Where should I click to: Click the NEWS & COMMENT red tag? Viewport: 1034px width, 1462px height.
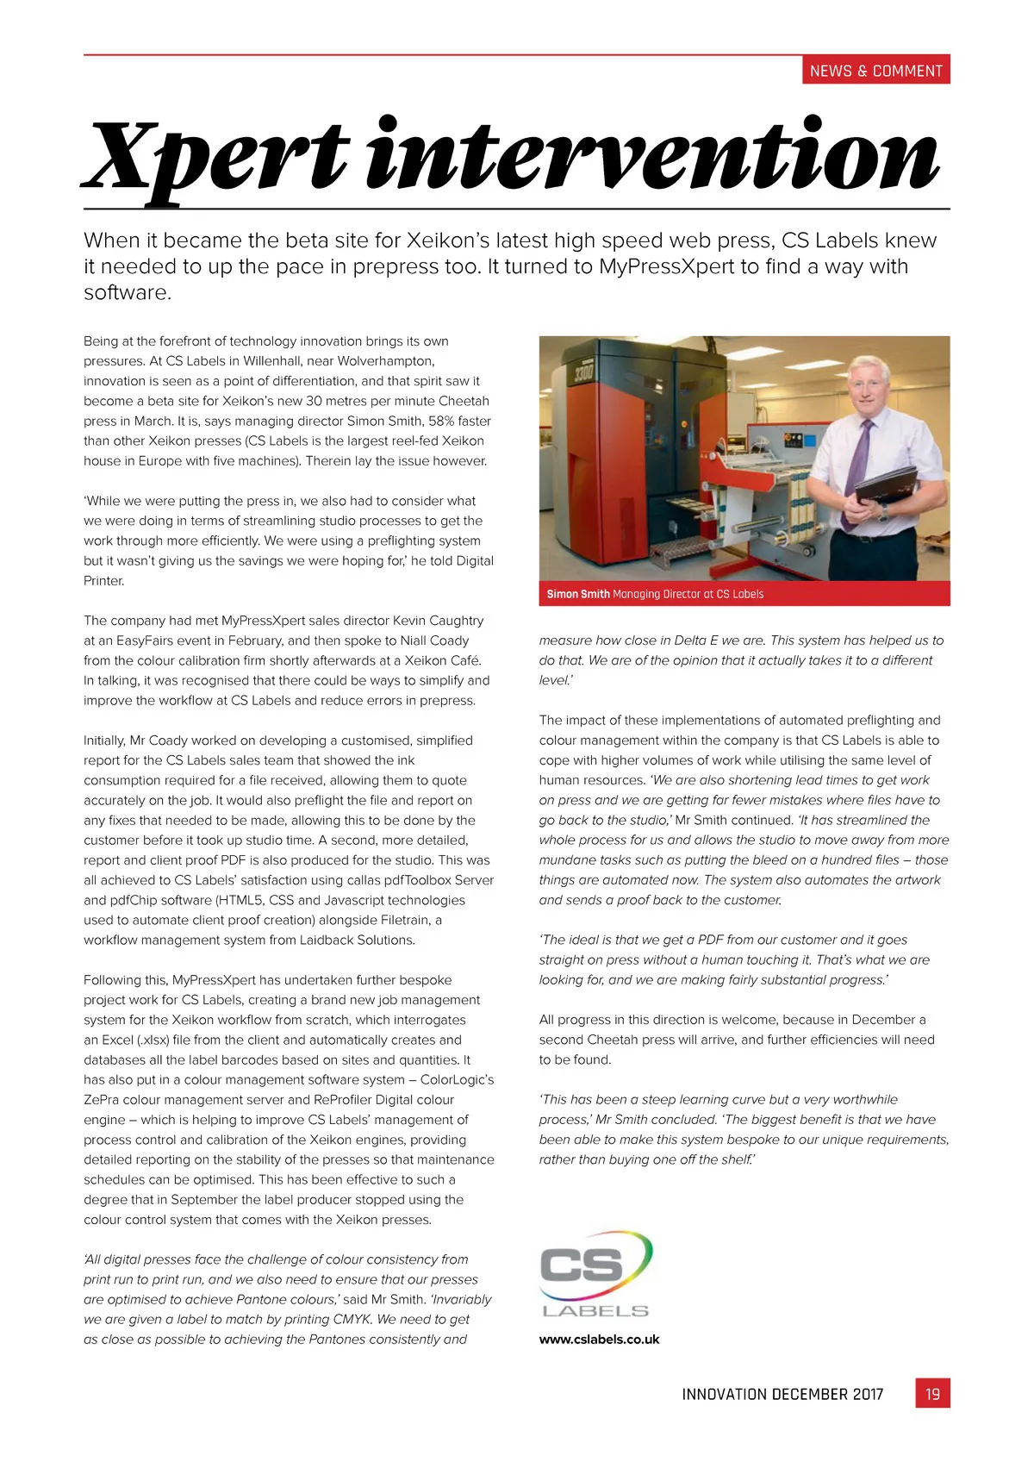875,71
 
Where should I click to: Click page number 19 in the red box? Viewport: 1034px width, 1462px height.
932,1394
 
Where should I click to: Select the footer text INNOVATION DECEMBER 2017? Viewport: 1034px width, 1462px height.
782,1394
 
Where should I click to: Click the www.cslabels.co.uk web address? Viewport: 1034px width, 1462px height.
599,1339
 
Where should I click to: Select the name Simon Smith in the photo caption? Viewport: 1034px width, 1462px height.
578,594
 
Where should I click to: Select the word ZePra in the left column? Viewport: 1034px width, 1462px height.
101,1099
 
